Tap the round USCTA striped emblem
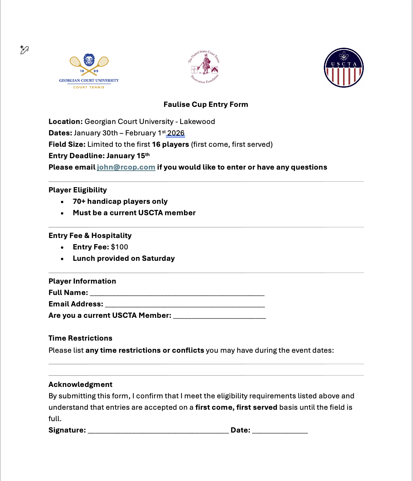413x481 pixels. [x=343, y=68]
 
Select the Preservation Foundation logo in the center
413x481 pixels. [x=204, y=67]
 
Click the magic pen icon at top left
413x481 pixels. [x=24, y=50]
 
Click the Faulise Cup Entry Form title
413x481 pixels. [x=206, y=104]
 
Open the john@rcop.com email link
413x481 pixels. [x=126, y=167]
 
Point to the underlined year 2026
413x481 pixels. [x=176, y=133]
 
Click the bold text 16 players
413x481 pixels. [x=170, y=144]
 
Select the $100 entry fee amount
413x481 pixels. [x=119, y=247]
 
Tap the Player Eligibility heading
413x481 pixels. [x=78, y=190]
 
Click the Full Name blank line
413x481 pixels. [x=177, y=294]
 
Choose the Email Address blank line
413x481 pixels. [x=185, y=305]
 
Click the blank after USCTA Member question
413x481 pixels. [x=219, y=316]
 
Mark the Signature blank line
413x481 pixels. [x=158, y=431]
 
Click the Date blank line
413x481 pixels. [x=280, y=431]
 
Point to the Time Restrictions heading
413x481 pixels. [x=80, y=338]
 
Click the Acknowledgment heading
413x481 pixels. [x=80, y=384]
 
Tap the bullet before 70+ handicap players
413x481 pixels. [x=62, y=202]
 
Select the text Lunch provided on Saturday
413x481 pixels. [x=124, y=258]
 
